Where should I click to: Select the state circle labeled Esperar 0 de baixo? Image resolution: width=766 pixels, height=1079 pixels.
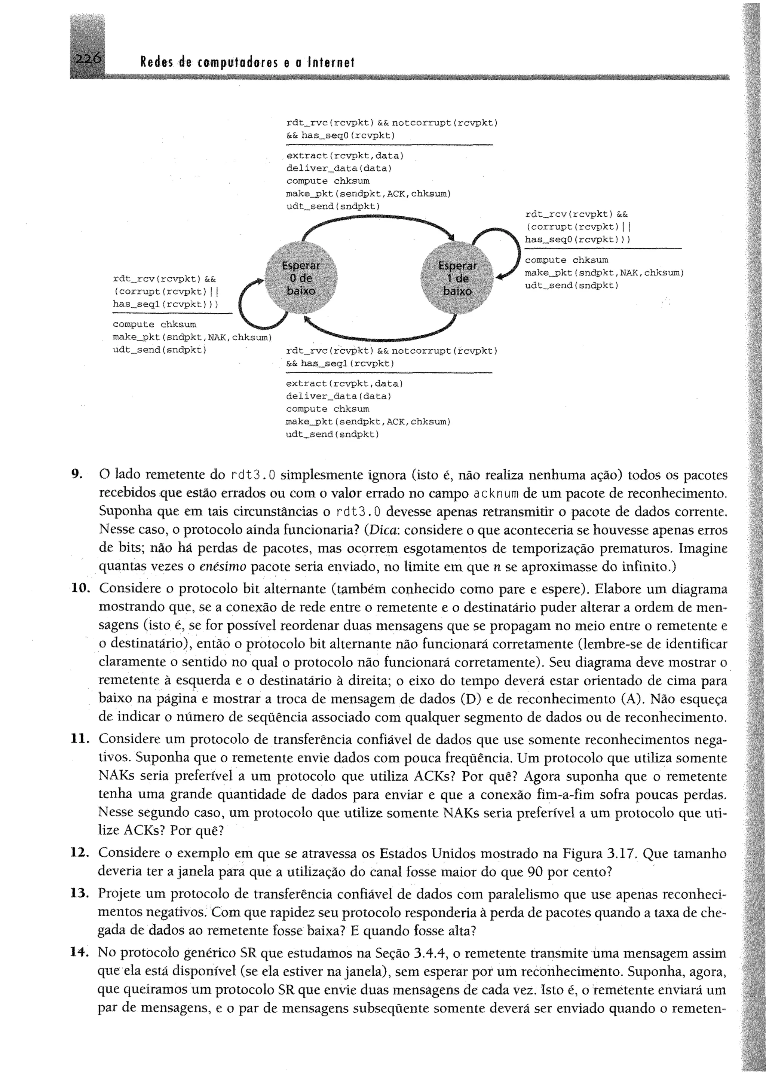coord(301,278)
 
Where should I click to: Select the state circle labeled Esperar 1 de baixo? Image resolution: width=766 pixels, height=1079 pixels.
coord(457,278)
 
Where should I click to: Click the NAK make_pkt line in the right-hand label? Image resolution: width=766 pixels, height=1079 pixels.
coord(604,273)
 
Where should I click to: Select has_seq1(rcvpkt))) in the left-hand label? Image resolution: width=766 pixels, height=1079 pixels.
coord(165,304)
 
